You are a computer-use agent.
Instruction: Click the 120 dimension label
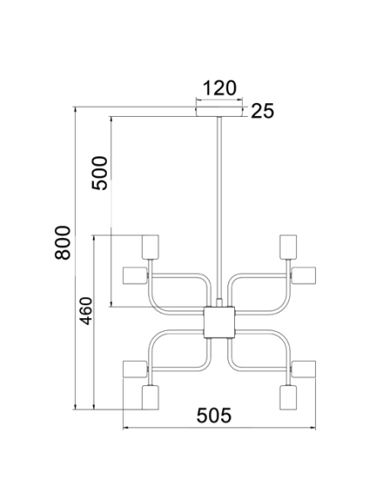click(x=219, y=88)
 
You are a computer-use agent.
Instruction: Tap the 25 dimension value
click(x=262, y=111)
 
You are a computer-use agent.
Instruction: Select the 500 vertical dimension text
click(x=99, y=173)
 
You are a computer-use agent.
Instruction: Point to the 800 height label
click(x=63, y=242)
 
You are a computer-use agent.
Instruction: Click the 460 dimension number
click(x=86, y=311)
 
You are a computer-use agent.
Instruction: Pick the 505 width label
click(x=213, y=415)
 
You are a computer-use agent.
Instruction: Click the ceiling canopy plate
click(x=219, y=112)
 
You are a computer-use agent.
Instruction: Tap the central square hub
click(x=219, y=322)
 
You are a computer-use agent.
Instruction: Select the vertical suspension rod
click(x=219, y=208)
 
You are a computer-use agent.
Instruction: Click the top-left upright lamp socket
click(x=151, y=247)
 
